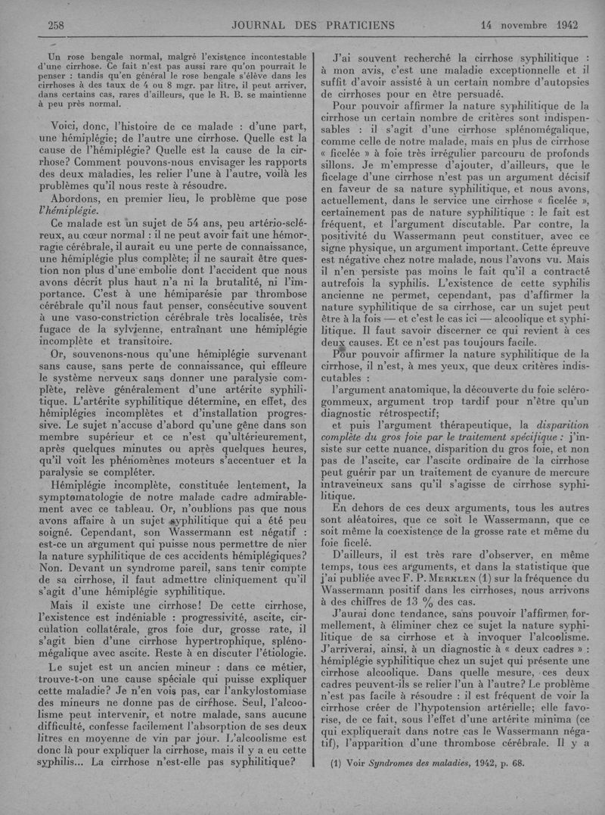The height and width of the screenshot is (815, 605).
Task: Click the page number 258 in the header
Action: point(56,25)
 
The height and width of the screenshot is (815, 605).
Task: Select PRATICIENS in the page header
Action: point(360,25)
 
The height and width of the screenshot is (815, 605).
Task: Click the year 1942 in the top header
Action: point(565,25)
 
